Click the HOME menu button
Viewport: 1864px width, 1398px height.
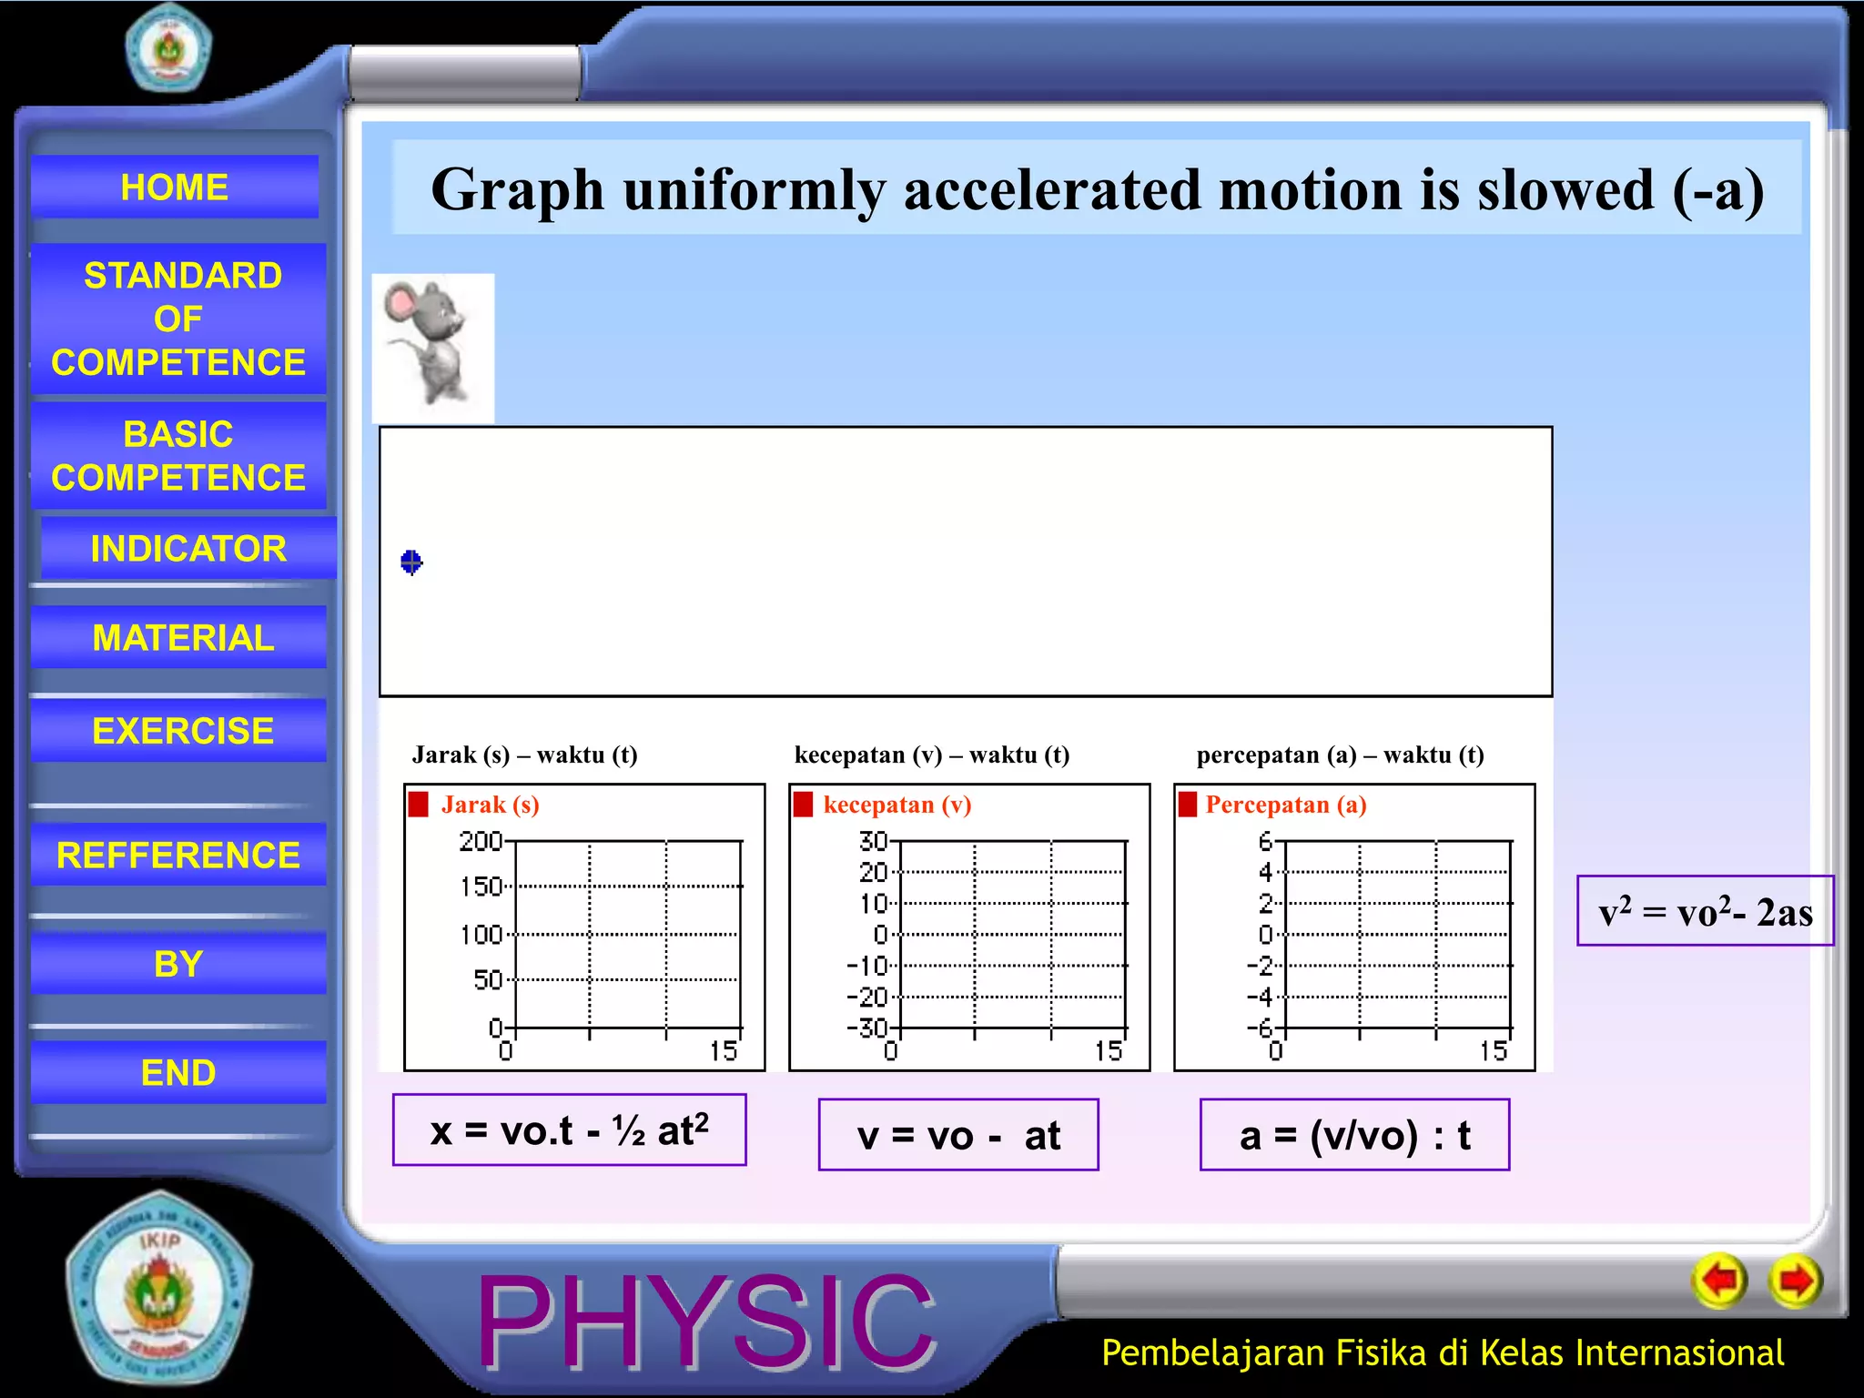175,187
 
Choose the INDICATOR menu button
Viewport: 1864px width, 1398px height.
188,548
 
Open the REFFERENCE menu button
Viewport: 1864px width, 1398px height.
178,855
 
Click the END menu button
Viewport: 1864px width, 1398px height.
178,1072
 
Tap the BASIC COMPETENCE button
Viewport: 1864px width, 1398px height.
178,455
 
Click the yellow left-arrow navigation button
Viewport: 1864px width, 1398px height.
1719,1281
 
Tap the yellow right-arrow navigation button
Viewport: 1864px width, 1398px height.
1795,1281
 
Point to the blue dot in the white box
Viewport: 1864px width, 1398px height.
411,562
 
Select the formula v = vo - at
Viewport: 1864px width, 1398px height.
958,1135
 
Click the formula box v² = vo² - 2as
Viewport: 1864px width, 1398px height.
1705,911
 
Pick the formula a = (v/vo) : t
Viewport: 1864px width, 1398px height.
1354,1135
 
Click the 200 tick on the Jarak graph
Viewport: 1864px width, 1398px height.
481,841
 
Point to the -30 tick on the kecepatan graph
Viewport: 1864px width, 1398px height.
866,1028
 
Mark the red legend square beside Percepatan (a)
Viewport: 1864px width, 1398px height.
1188,805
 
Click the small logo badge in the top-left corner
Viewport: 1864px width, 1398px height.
168,46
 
